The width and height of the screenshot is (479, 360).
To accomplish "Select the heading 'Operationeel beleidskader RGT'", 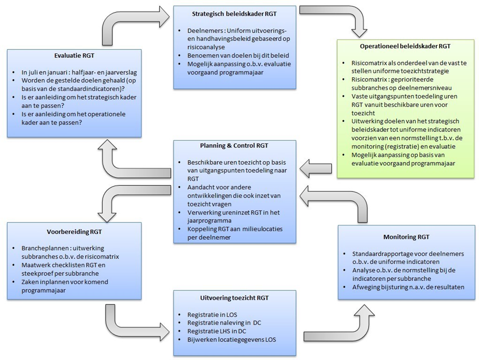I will (405, 46).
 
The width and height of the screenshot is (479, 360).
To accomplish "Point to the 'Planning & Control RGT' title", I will (234, 146).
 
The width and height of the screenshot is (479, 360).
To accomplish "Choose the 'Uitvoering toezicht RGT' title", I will (234, 297).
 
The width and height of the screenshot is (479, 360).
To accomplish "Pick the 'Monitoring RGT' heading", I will (406, 237).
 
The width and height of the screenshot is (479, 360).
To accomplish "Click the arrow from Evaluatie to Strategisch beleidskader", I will (132, 22).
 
